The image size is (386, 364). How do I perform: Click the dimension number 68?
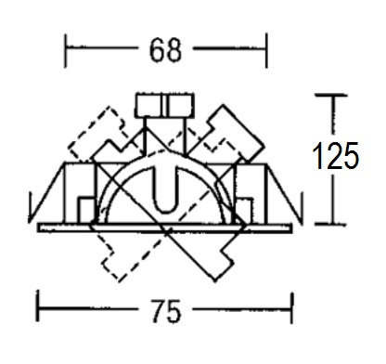coord(165,50)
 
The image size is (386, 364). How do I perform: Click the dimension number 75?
coord(166,311)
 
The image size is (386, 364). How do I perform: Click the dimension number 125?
coord(336,156)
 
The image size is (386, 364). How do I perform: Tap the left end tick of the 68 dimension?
coord(65,51)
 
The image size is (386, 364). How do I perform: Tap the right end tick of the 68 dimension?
coord(266,51)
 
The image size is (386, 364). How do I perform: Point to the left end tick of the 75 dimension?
coord(38,305)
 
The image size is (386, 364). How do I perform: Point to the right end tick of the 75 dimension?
coord(291,307)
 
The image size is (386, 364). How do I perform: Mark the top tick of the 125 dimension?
coord(331,96)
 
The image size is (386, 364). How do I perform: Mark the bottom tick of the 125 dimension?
coord(330,224)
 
